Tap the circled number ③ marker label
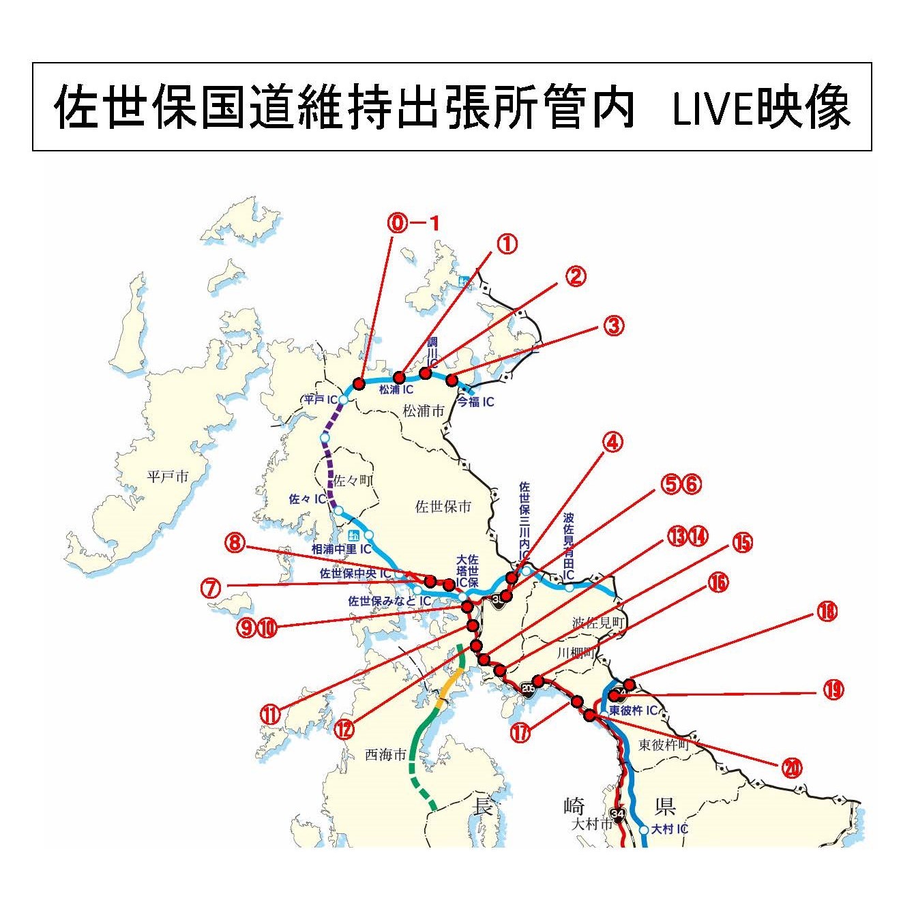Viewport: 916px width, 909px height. pyautogui.click(x=613, y=325)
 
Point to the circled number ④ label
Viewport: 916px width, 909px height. pyautogui.click(x=612, y=443)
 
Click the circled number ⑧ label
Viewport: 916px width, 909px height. pyautogui.click(x=233, y=543)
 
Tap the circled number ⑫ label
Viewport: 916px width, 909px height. pyautogui.click(x=345, y=729)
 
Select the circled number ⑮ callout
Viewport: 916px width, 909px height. pyautogui.click(x=742, y=542)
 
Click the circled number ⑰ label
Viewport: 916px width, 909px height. pyautogui.click(x=520, y=732)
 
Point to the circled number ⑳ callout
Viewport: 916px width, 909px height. pyautogui.click(x=791, y=769)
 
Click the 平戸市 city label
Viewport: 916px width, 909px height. pyautogui.click(x=168, y=477)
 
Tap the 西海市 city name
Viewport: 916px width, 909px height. pyautogui.click(x=385, y=755)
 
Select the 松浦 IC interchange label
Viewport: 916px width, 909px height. pyautogui.click(x=396, y=390)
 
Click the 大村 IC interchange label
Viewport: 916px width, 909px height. pyautogui.click(x=670, y=829)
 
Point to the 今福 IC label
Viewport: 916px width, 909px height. pyautogui.click(x=476, y=402)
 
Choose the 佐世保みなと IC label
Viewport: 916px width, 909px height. pyautogui.click(x=389, y=601)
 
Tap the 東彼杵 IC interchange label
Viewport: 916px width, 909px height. pyautogui.click(x=633, y=711)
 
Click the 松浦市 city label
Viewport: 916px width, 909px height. pyautogui.click(x=424, y=411)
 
